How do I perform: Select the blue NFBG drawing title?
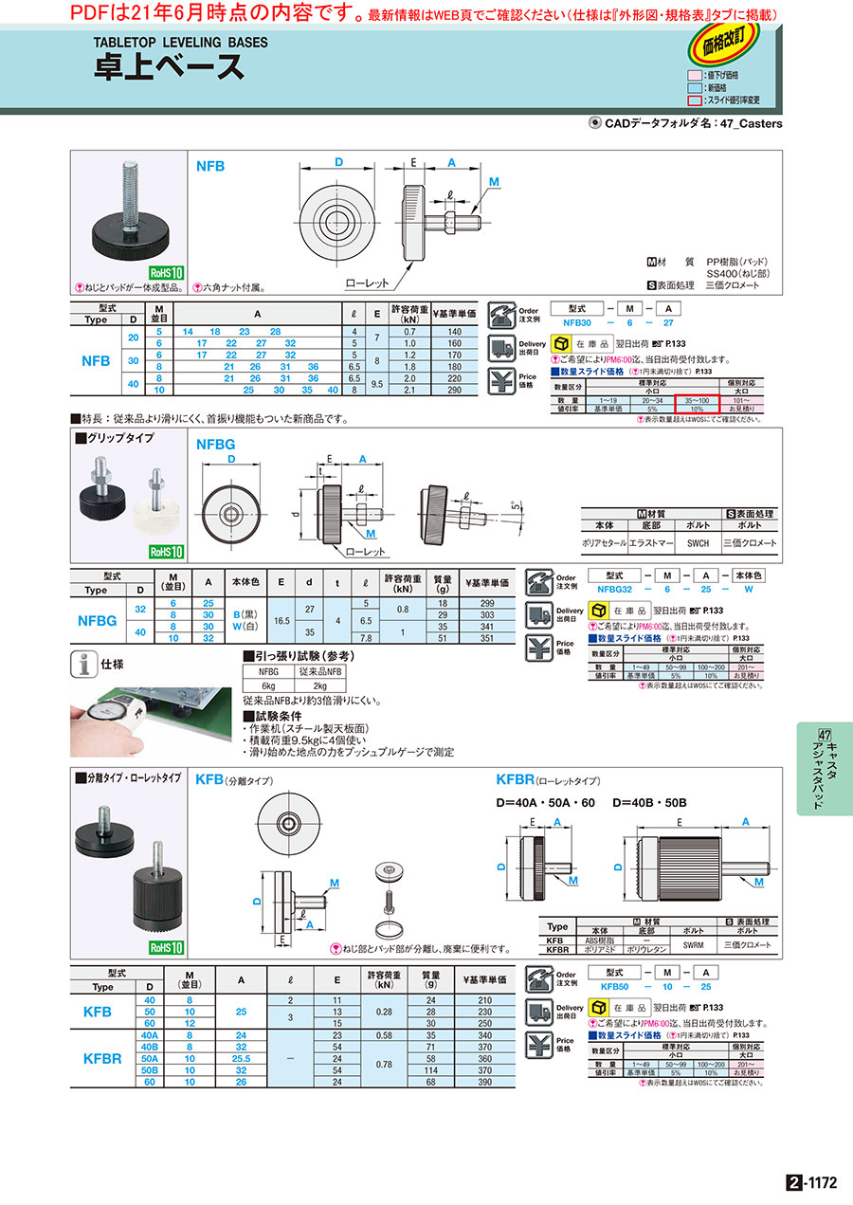click(x=215, y=443)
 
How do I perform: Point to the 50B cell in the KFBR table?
click(x=149, y=1069)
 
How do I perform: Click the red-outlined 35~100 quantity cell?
click(x=698, y=402)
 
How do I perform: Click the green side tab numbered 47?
click(x=824, y=768)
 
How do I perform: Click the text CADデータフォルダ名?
click(x=658, y=123)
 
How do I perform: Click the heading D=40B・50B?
click(x=648, y=803)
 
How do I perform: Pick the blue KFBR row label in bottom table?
click(x=102, y=1057)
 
